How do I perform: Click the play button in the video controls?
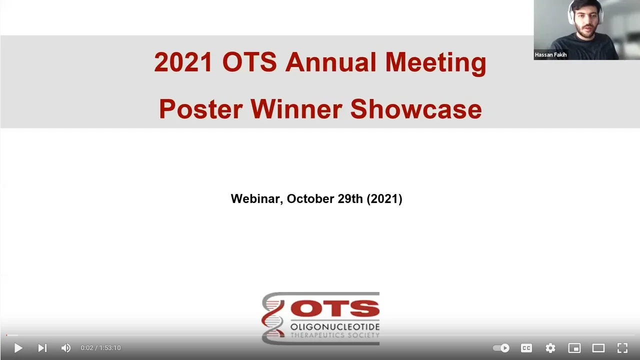tap(18, 348)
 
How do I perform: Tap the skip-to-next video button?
tap(42, 348)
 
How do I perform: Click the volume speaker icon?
tap(65, 348)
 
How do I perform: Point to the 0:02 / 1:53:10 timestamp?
tap(100, 348)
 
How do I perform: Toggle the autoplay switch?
tap(501, 348)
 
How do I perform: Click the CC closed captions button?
tap(526, 348)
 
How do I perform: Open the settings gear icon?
tap(550, 348)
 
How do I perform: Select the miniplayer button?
tap(574, 348)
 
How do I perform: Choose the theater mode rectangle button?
tap(598, 348)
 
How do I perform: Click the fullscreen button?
tap(622, 348)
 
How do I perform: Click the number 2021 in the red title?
tap(183, 62)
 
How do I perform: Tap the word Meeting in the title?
tap(435, 62)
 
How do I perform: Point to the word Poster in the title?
tap(200, 108)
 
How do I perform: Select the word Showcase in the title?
tap(416, 108)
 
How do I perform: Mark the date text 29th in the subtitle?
tap(350, 199)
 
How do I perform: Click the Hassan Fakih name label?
tap(550, 55)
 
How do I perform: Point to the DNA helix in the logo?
tap(273, 318)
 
